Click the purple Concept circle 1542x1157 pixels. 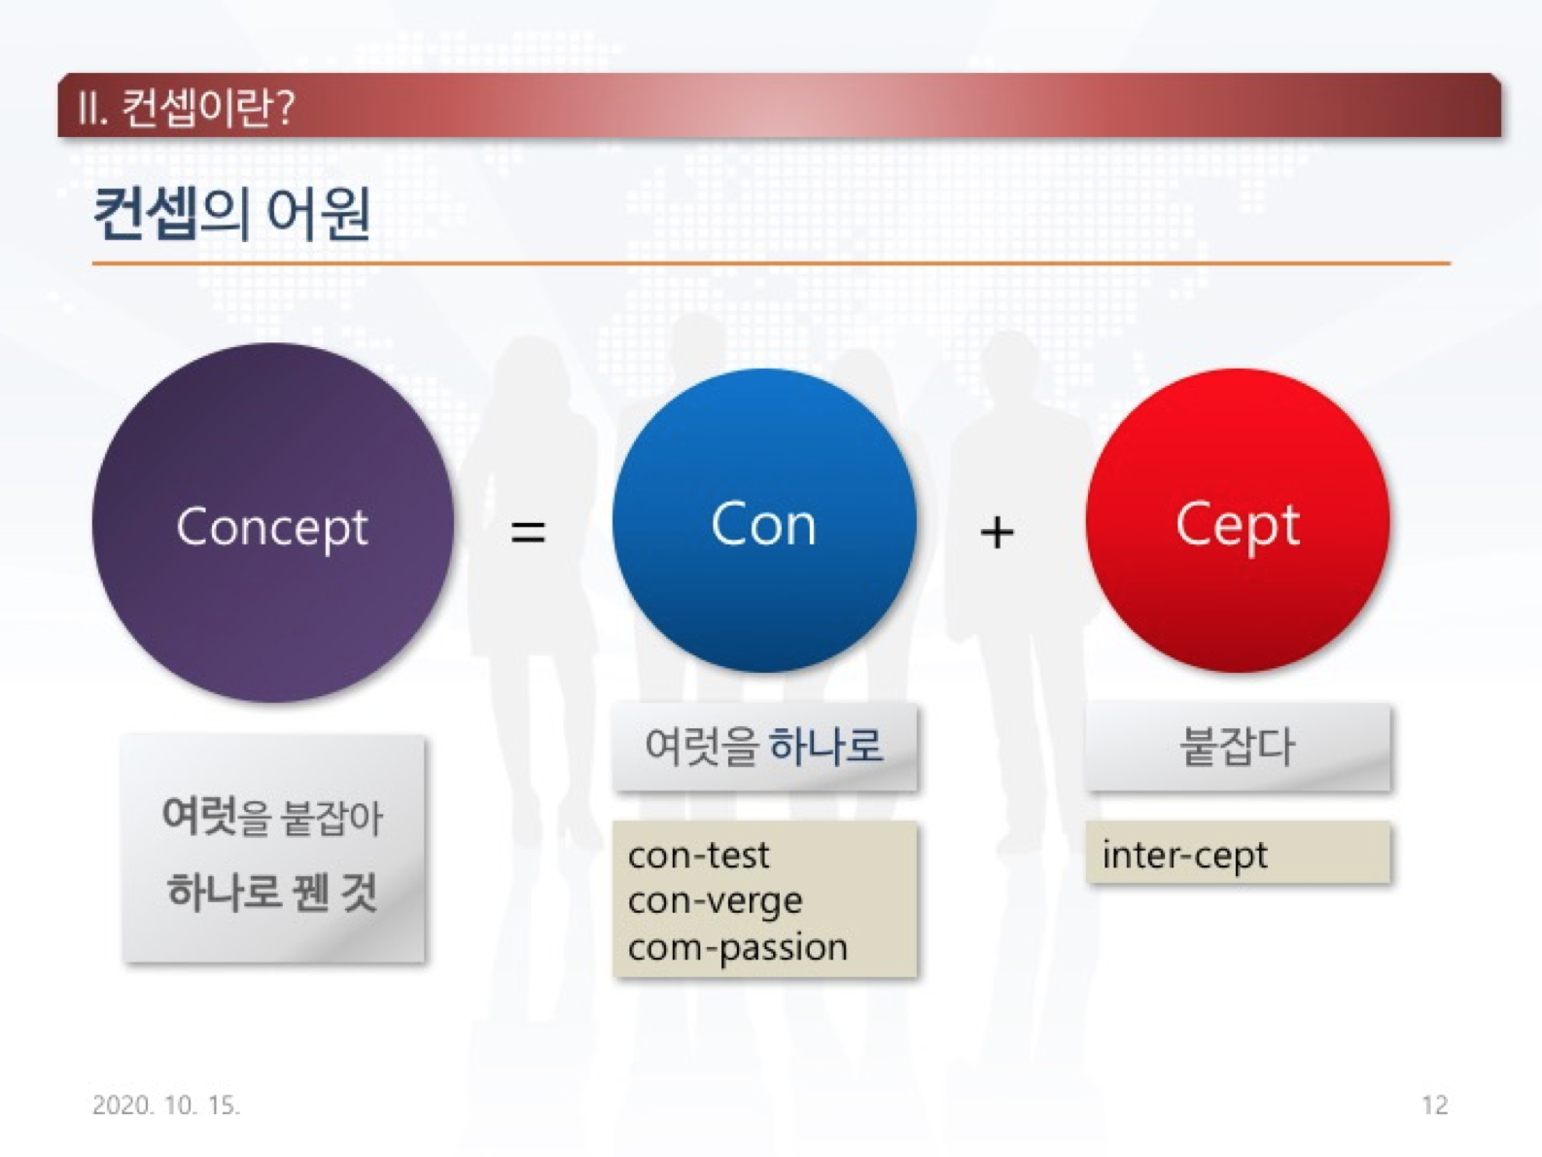[x=272, y=523]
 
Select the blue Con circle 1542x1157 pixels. [x=764, y=520]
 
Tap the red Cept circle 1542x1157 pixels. [x=1238, y=520]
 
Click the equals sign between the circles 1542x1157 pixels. [x=528, y=532]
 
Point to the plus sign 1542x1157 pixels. [x=997, y=533]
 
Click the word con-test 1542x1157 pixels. [x=698, y=855]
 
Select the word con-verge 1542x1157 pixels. [x=716, y=902]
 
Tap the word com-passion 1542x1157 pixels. [x=738, y=948]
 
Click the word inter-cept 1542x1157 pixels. [x=1184, y=857]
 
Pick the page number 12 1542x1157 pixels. [x=1435, y=1105]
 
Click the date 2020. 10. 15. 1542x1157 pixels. [x=166, y=1105]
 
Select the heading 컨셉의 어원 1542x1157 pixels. [x=231, y=214]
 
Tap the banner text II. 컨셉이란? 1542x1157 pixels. [x=187, y=108]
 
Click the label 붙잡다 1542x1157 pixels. [x=1237, y=746]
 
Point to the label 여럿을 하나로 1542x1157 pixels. [x=763, y=746]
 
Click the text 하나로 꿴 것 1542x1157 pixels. [x=272, y=892]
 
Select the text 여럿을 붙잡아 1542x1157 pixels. [x=272, y=817]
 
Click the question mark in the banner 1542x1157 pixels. [x=285, y=108]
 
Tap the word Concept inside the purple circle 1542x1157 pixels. [x=272, y=528]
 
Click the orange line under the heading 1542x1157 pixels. [x=771, y=263]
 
